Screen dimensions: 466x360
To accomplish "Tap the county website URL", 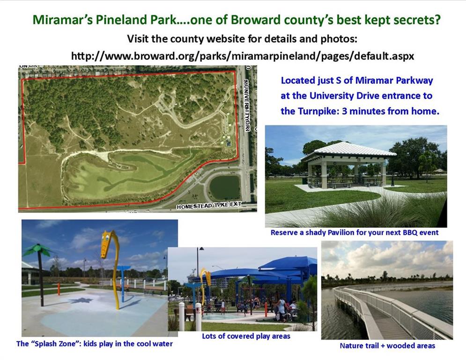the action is point(243,56).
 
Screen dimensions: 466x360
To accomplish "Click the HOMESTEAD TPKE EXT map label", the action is point(209,206).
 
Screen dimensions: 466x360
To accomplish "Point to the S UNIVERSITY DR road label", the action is point(247,105).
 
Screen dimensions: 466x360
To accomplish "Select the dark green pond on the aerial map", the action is point(225,188).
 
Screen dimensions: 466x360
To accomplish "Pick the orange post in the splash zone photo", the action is point(59,289).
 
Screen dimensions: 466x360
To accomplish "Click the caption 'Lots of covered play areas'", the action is point(246,336).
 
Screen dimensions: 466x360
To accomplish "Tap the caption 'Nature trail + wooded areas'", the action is point(387,346).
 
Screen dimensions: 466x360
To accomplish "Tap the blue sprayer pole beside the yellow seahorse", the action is point(122,284).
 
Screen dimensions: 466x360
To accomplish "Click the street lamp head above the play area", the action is point(201,248).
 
